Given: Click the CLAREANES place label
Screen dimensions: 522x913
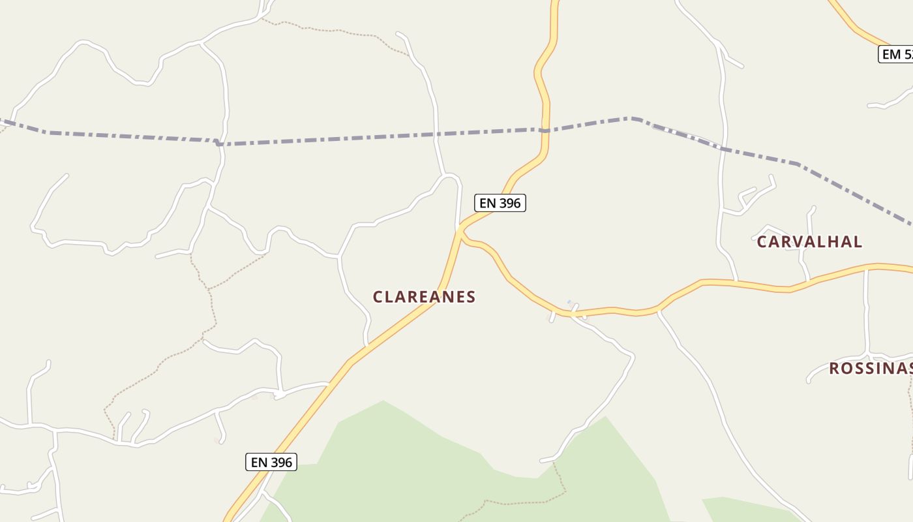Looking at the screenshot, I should [x=424, y=297].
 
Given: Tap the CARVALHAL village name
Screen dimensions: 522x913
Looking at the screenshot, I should [x=809, y=241].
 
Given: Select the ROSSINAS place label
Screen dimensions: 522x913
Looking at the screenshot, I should [x=871, y=368].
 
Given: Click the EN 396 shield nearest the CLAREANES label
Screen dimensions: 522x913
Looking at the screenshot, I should [x=500, y=203].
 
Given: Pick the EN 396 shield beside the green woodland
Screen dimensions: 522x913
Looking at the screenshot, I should [x=271, y=462].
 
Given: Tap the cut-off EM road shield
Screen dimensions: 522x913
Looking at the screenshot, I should [x=896, y=54].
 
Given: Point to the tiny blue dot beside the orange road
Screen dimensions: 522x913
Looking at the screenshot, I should [x=569, y=302].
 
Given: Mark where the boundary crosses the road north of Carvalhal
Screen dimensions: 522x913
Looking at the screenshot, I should [x=723, y=148].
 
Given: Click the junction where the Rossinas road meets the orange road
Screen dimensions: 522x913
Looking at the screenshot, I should [x=866, y=267].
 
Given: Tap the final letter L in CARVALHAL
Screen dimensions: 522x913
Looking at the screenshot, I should [x=858, y=241].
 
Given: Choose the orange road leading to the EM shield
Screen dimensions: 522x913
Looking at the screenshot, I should [x=854, y=26].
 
